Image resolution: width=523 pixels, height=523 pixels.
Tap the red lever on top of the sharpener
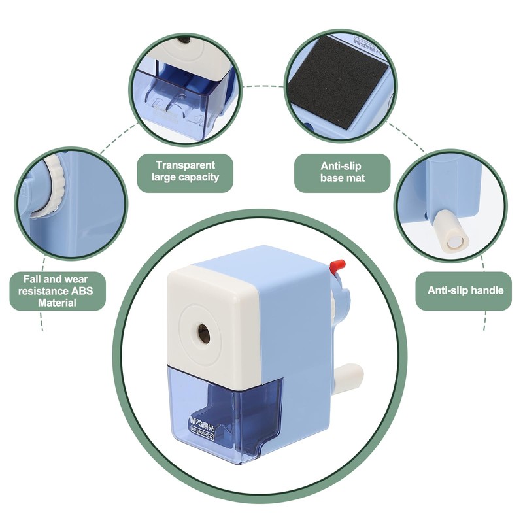337,265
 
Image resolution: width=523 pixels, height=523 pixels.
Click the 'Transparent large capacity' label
185,171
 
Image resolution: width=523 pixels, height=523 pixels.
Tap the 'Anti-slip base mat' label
342,172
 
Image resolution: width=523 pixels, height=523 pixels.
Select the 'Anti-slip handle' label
465,290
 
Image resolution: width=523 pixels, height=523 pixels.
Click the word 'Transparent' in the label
185,165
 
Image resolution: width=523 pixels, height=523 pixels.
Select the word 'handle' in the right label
486,290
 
